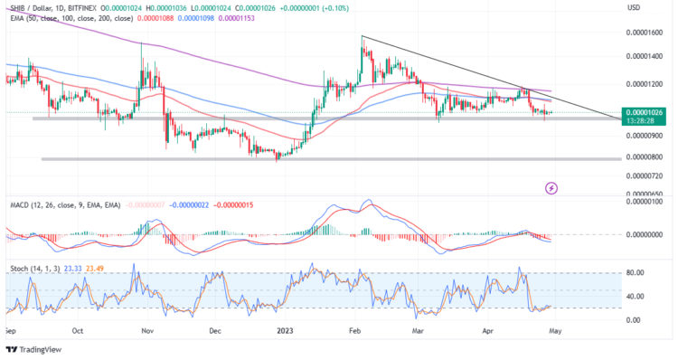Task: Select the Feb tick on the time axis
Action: [x=356, y=331]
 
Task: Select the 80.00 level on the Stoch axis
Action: [x=636, y=272]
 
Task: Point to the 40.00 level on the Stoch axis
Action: [x=636, y=296]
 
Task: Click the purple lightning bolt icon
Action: [x=551, y=187]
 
